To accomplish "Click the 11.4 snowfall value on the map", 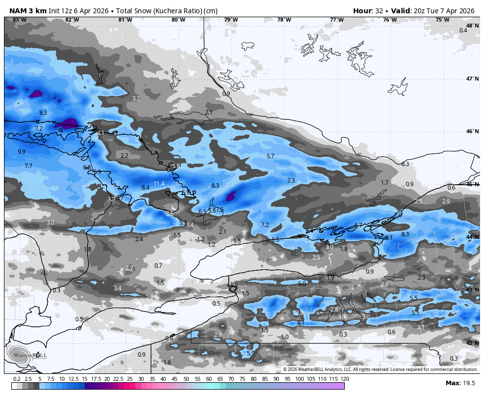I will pyautogui.click(x=159, y=184).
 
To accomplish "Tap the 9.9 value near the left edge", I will pyautogui.click(x=21, y=152).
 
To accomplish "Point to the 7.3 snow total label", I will pyautogui.click(x=291, y=181).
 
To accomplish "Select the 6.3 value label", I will pyautogui.click(x=275, y=240).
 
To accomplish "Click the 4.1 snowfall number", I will pyautogui.click(x=100, y=133).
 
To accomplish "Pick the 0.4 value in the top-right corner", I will pyautogui.click(x=463, y=30).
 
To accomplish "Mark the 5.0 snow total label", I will pyautogui.click(x=302, y=284).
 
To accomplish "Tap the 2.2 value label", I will pyautogui.click(x=124, y=156).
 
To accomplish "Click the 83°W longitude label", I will pyautogui.click(x=19, y=20).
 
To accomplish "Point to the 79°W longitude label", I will pyautogui.click(x=231, y=20).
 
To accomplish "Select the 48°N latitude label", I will pyautogui.click(x=472, y=26).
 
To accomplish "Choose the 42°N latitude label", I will pyautogui.click(x=472, y=343).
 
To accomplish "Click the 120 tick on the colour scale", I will pyautogui.click(x=345, y=379).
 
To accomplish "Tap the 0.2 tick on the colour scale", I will pyautogui.click(x=17, y=379).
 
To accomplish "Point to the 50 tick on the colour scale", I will pyautogui.click(x=186, y=379).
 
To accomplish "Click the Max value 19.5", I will pyautogui.click(x=468, y=383).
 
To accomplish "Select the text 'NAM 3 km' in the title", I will pyautogui.click(x=28, y=11).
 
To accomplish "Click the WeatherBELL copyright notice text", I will pyautogui.click(x=380, y=369).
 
